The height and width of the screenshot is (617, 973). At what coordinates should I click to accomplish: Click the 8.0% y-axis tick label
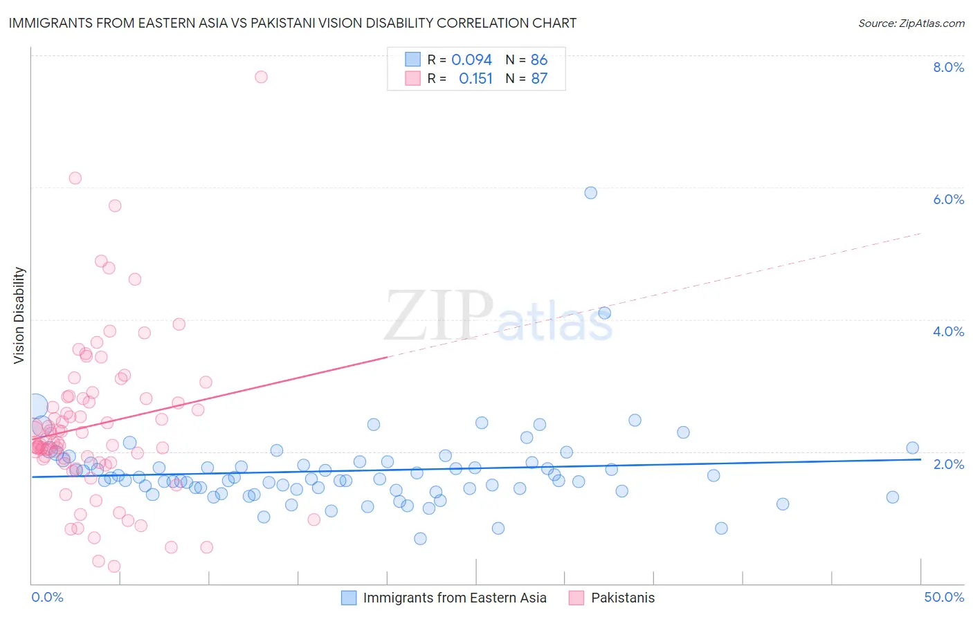tap(948, 67)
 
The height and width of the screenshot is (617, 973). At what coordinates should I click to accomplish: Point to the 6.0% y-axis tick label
tap(948, 199)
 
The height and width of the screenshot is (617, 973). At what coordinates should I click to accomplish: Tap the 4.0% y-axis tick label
tap(948, 331)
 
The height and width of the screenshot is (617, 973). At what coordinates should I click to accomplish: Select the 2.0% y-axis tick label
tap(948, 464)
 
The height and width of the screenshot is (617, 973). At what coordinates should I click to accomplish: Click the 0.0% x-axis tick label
tap(47, 597)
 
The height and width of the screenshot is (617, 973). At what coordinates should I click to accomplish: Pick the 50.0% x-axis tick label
tap(944, 597)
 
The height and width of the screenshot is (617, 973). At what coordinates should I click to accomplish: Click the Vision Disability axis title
tap(19, 315)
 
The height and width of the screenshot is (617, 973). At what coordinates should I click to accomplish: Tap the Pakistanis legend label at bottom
tap(622, 598)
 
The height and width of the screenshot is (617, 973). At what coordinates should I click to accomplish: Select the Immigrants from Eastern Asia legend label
tap(455, 598)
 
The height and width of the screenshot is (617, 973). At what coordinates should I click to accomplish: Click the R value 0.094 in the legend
tap(471, 60)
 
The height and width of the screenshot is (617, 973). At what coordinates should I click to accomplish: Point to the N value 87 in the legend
tap(539, 79)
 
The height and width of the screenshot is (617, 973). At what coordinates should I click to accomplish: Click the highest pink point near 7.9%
tap(261, 77)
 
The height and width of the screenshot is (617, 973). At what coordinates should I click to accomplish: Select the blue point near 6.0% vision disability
tap(590, 193)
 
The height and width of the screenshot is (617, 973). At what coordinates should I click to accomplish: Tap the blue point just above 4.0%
tap(604, 313)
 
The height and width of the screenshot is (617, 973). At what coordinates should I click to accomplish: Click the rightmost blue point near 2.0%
tap(912, 448)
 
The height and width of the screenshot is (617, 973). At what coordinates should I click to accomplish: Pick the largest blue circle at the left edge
tap(36, 407)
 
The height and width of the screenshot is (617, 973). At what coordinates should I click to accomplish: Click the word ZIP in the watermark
tap(439, 316)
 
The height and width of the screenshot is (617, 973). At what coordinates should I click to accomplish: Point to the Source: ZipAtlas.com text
tap(911, 24)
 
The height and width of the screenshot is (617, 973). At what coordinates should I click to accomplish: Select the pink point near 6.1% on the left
tap(75, 178)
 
